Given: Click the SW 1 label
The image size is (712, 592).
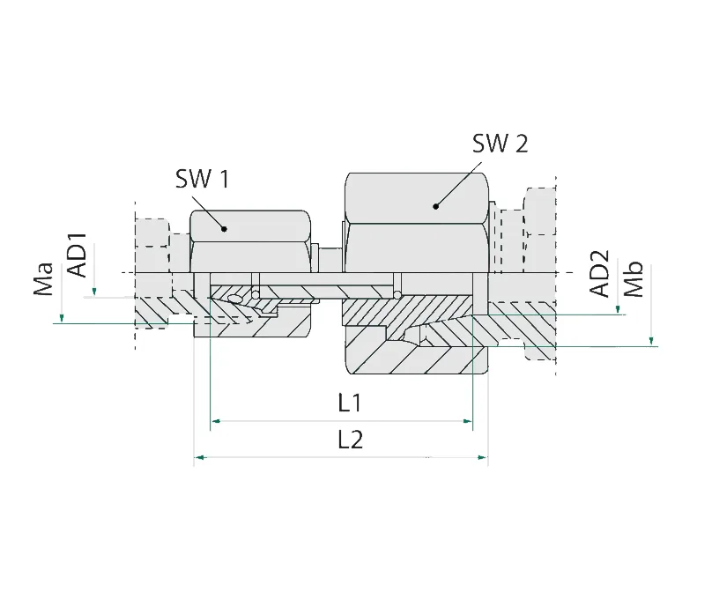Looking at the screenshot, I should [x=202, y=180].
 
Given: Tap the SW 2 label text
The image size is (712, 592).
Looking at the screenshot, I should [x=500, y=144].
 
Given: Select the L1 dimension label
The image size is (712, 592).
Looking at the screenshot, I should [x=351, y=404].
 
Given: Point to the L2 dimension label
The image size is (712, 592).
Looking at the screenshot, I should [x=351, y=440].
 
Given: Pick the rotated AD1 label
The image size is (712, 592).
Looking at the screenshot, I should [x=79, y=255].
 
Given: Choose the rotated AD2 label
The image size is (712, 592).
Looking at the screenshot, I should [x=599, y=275].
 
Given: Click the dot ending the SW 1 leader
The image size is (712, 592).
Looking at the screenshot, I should [x=225, y=229].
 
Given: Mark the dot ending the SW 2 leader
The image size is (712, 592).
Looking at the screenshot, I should [x=435, y=207].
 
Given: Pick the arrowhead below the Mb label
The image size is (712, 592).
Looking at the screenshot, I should [x=650, y=342].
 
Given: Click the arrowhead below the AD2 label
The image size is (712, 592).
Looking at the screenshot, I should [x=618, y=310].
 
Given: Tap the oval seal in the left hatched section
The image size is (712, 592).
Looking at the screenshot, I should [x=235, y=300].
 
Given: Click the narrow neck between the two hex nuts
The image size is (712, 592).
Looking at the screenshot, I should [x=328, y=259].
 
